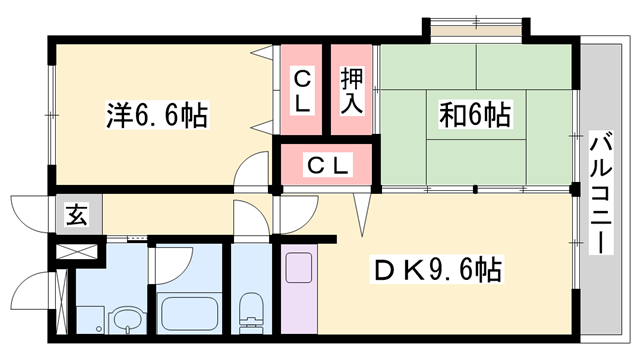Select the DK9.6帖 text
tap(437, 270)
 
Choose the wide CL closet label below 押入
tap(326, 165)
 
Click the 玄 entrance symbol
tap(76, 214)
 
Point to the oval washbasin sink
tap(126, 322)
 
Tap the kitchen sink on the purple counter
tap(300, 271)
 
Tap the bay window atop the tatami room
tap(477, 25)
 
